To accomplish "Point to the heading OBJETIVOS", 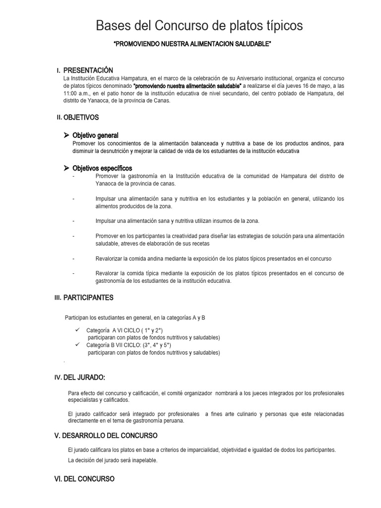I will point(81,118).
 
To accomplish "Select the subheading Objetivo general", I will point(95,135).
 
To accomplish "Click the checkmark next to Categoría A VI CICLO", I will point(78,330).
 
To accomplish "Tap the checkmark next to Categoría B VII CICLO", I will point(78,344).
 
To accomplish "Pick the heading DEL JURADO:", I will point(84,378).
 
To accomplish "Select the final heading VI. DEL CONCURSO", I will point(84,479).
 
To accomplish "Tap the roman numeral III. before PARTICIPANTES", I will point(58,298).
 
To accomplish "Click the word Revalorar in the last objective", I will point(107,273).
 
